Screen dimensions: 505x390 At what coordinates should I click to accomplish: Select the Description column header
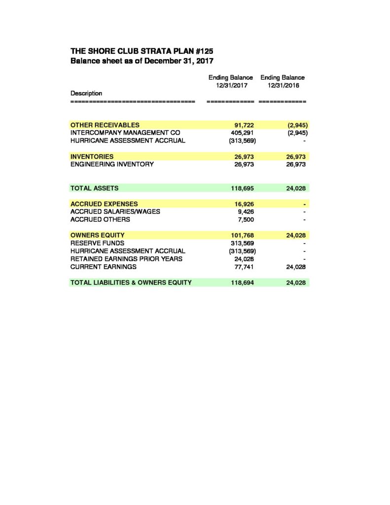pos(86,93)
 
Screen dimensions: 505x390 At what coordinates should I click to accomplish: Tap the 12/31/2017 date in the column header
pos(231,85)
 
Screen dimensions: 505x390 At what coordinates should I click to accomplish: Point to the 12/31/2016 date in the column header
pos(283,85)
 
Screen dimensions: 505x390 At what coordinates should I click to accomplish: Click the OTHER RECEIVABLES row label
pos(105,125)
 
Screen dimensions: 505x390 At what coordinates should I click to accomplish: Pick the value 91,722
pos(244,125)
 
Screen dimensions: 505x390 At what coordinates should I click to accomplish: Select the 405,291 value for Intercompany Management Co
pos(243,133)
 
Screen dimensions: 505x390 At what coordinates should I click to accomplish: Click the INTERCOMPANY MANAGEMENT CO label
pos(125,133)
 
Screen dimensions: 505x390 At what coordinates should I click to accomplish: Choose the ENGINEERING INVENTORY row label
pos(112,164)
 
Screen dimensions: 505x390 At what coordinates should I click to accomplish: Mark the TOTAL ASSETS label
pos(95,188)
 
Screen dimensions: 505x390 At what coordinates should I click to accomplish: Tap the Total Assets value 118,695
pos(243,188)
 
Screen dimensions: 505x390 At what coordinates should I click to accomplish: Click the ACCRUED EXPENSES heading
pos(105,204)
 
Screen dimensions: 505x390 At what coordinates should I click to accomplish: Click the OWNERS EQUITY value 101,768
pos(243,235)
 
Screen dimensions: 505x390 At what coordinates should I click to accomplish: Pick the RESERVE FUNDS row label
pos(98,243)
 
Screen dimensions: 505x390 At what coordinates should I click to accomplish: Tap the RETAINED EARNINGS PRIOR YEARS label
pos(127,259)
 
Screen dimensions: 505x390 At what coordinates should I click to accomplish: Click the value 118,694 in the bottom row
pos(243,283)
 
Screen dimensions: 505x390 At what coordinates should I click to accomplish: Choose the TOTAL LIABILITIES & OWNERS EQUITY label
pos(131,283)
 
